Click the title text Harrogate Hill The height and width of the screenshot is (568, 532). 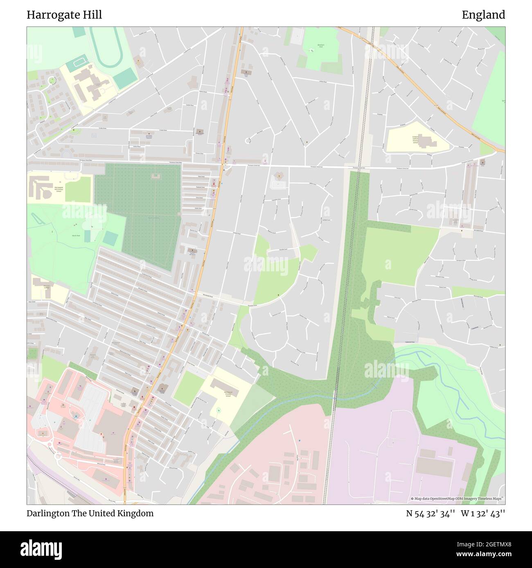tap(64, 15)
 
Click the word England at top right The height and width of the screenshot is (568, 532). tap(483, 15)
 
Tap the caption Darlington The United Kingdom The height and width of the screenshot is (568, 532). tap(90, 513)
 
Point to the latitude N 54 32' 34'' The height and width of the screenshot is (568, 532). tap(431, 513)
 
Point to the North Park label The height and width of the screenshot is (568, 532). tap(76, 236)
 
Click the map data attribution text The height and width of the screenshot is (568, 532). tap(458, 499)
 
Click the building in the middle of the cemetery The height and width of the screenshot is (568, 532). tap(156, 177)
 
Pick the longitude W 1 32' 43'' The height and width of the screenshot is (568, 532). tap(483, 513)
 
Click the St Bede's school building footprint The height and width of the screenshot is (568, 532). tap(428, 141)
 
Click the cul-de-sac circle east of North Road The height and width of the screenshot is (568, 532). tap(248, 141)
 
